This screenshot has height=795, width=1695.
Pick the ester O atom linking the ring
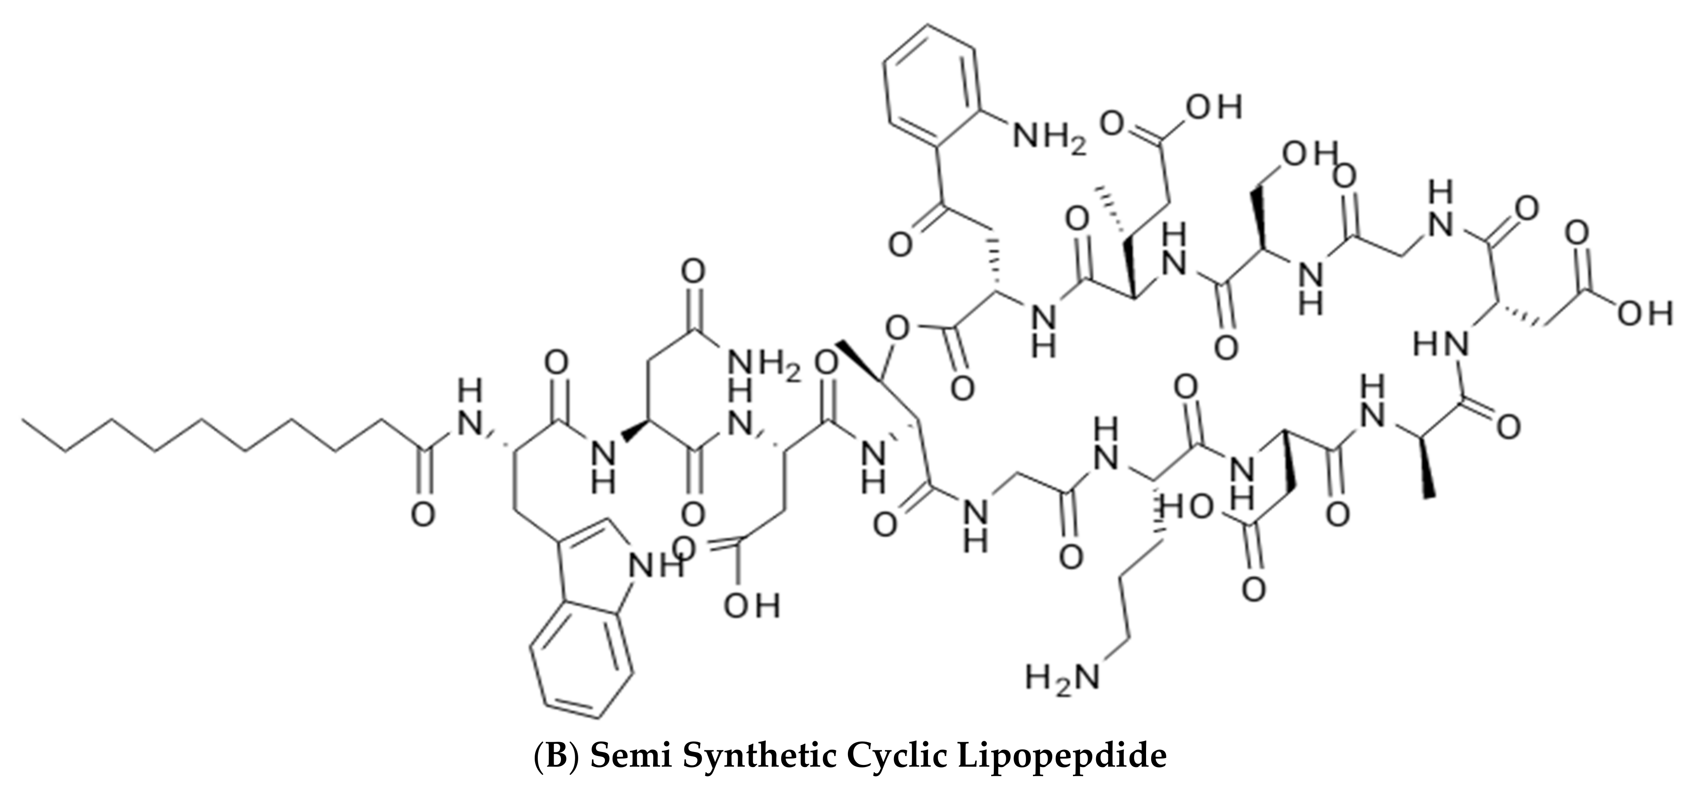[x=895, y=326]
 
